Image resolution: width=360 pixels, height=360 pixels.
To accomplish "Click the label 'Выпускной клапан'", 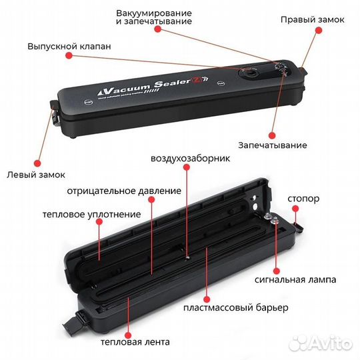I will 69,47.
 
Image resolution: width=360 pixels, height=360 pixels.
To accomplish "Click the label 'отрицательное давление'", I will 123,191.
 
